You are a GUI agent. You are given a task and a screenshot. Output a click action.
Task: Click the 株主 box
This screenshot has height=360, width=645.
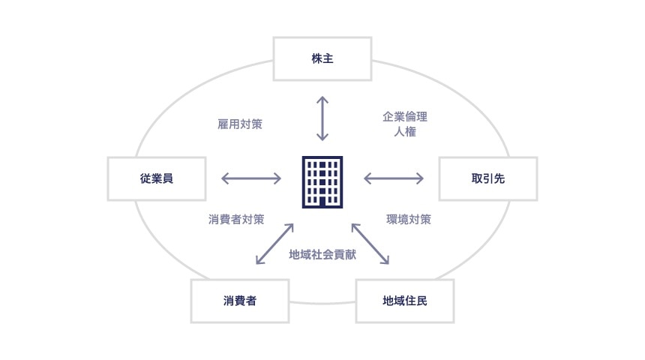[322, 58]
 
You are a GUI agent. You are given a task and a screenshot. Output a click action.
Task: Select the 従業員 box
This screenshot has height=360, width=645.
[157, 178]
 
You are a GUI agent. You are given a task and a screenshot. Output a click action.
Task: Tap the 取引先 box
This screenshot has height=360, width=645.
[487, 178]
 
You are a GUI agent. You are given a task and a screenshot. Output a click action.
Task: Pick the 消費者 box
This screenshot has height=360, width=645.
[240, 301]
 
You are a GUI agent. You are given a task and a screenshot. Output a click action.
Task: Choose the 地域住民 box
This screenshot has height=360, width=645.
[405, 301]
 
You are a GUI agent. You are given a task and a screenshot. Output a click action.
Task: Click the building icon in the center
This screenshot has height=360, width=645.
[322, 182]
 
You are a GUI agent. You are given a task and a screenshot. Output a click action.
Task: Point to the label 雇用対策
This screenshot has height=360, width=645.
[240, 124]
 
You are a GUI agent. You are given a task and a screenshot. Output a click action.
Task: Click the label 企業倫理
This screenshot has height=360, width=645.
[405, 117]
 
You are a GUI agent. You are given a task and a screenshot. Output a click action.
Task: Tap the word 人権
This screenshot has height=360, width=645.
[405, 133]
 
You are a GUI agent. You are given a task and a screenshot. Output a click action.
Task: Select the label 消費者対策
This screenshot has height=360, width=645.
[236, 220]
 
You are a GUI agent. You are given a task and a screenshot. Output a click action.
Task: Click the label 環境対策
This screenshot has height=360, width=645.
[409, 220]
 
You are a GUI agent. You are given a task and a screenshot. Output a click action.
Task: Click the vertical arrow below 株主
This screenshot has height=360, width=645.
[322, 118]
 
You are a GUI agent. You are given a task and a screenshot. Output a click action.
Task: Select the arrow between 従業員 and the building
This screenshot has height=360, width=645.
[251, 178]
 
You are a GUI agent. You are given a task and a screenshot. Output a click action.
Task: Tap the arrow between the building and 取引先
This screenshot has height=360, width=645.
[394, 178]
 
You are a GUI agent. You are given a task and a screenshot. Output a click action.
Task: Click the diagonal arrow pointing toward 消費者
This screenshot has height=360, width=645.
[274, 244]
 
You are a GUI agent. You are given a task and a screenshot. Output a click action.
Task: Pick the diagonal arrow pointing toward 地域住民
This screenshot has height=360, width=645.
[370, 244]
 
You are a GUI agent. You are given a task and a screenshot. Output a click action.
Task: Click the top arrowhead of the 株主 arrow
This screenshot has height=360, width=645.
[322, 99]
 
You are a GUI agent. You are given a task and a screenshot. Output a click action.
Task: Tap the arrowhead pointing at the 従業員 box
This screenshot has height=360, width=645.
[224, 178]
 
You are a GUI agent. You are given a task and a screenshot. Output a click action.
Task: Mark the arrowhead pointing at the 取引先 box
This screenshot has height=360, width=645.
[421, 178]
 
